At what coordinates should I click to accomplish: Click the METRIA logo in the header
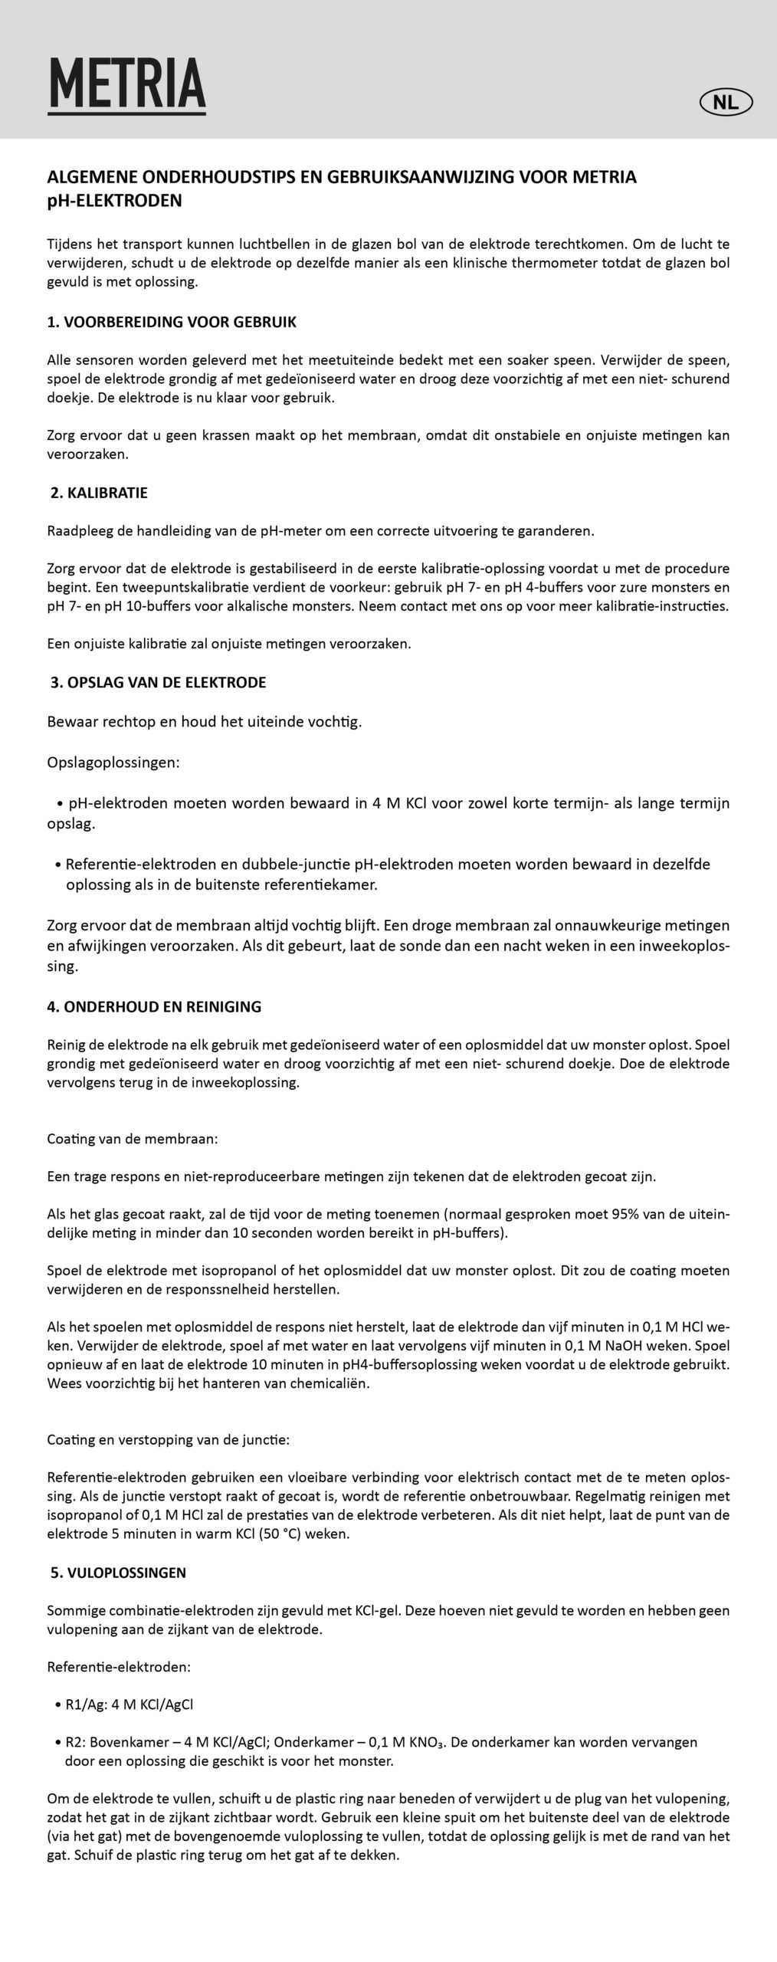[127, 85]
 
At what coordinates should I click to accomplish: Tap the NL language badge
[726, 102]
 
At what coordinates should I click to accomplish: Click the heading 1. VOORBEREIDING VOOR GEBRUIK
[172, 323]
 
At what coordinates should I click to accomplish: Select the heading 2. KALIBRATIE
[99, 493]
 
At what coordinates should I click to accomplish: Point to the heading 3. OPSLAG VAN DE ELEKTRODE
[158, 682]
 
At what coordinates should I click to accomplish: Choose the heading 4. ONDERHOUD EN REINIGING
[154, 1007]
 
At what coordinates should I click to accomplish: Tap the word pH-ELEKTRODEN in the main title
[115, 202]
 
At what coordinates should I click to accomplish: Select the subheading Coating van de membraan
[133, 1139]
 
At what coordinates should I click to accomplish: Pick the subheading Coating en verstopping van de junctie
[169, 1440]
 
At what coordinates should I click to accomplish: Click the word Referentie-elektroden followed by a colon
[119, 1667]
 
